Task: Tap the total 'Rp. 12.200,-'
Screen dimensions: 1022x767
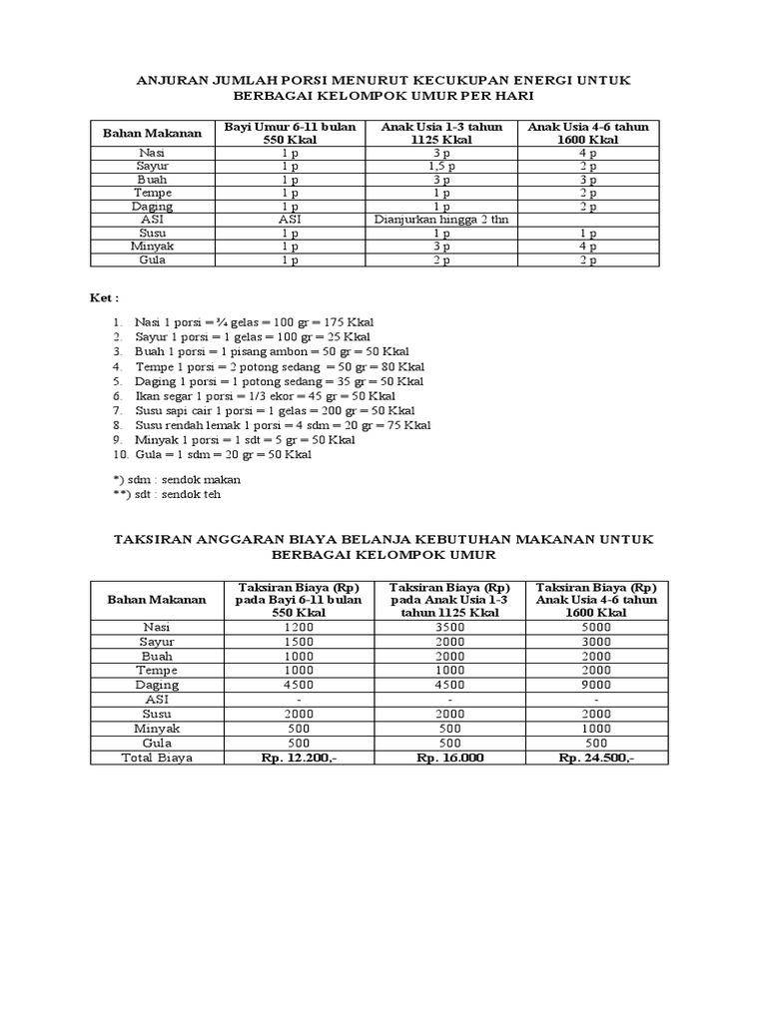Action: point(298,758)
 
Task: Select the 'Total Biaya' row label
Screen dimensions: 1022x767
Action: point(157,758)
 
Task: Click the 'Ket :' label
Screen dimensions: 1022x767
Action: point(105,297)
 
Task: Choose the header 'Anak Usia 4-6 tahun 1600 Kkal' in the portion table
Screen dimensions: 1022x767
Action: point(588,134)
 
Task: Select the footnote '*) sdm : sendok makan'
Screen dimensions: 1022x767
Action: point(177,479)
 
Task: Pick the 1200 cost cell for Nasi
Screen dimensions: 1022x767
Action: point(298,627)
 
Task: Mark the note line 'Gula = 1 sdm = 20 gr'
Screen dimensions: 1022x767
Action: point(225,454)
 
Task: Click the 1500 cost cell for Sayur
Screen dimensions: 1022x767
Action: point(298,642)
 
